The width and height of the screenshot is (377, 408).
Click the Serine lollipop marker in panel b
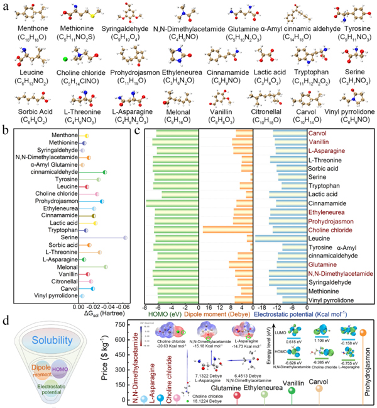[125, 237]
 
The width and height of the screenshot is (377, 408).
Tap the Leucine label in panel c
[319, 239]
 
